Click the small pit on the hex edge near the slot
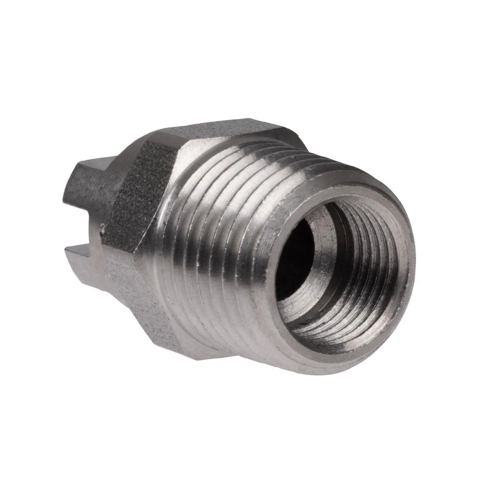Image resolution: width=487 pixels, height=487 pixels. (103, 229)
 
